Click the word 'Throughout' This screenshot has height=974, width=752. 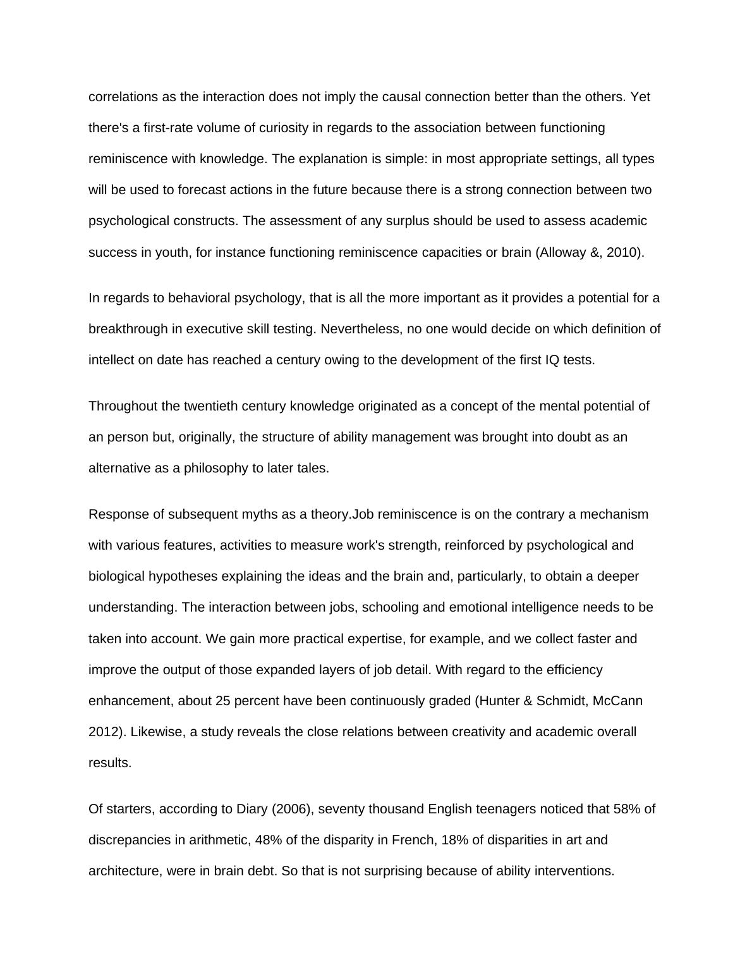coord(123,406)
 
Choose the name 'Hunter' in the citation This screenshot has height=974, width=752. coord(499,701)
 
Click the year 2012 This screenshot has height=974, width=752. coord(102,732)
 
